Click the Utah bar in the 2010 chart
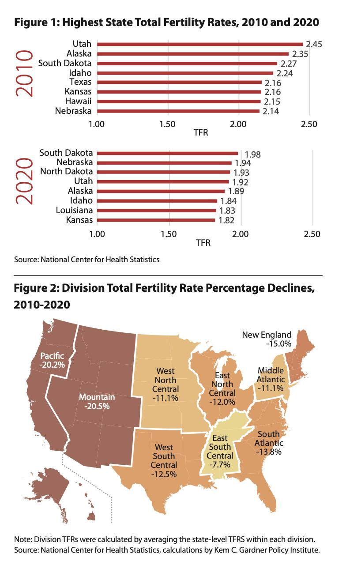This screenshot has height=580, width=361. [x=199, y=44]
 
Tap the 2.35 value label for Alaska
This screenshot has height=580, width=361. [x=300, y=54]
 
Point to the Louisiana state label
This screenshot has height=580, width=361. [x=74, y=210]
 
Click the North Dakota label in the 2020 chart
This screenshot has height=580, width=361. [x=67, y=172]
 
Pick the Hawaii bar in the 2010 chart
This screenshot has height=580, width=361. [x=179, y=102]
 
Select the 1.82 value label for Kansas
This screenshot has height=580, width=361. [x=226, y=220]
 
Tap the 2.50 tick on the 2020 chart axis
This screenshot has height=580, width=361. [x=312, y=234]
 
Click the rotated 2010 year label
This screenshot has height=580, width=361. [x=23, y=73]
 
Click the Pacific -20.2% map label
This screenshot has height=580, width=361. [x=52, y=360]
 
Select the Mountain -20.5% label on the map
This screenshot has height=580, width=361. [x=97, y=401]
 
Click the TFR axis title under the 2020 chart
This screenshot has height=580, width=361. [x=203, y=243]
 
